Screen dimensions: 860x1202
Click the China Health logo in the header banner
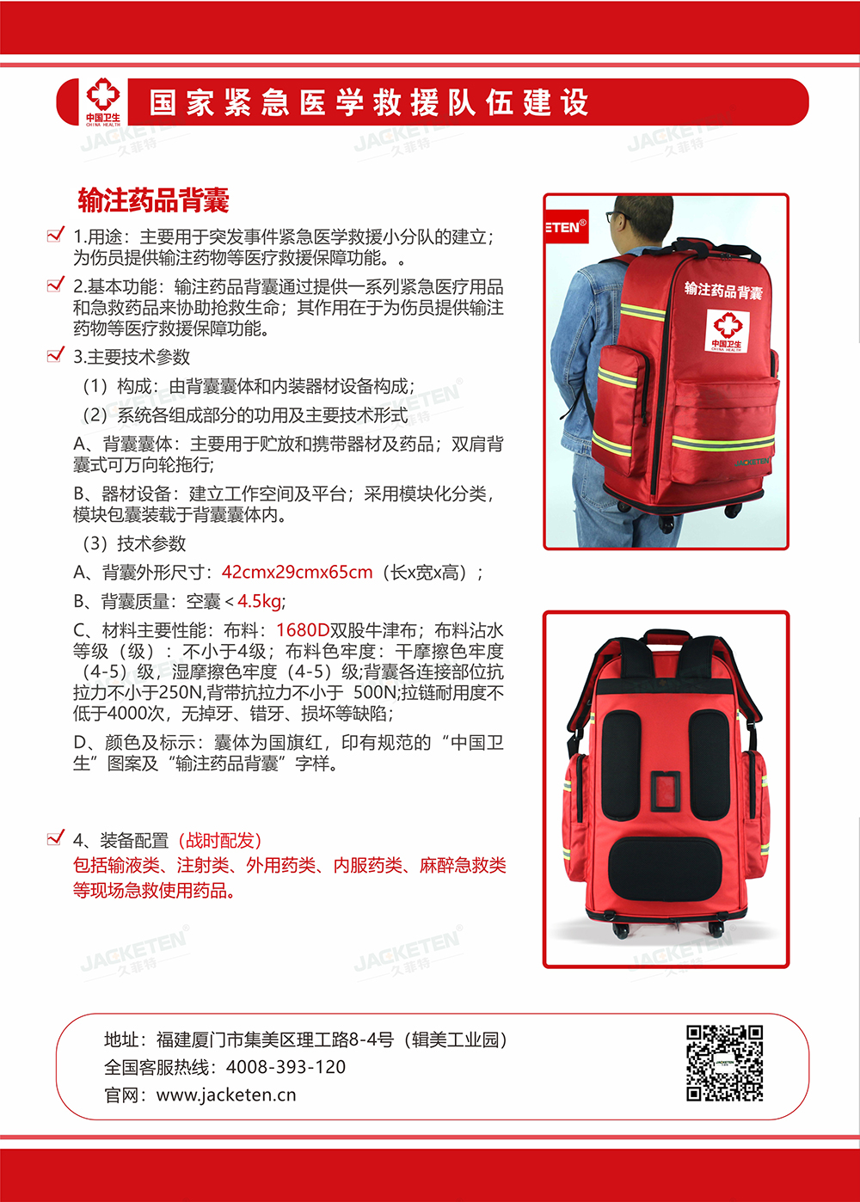pos(103,102)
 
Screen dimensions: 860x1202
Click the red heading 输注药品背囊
pos(154,200)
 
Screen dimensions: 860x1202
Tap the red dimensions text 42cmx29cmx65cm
pos(297,572)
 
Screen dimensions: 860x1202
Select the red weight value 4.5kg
pos(259,601)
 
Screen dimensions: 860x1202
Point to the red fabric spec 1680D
pos(303,630)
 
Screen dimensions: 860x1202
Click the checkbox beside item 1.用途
pos(56,234)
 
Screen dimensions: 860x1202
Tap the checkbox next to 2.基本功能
pos(56,284)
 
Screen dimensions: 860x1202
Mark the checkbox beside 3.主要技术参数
pos(56,354)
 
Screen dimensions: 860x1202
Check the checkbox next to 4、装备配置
pos(56,837)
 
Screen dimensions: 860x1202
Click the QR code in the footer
pos(724,1063)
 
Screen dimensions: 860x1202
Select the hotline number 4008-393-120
pos(286,1067)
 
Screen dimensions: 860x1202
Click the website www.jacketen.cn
pos(226,1095)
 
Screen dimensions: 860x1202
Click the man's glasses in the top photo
pos(617,217)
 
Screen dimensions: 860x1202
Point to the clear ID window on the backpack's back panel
pos(665,792)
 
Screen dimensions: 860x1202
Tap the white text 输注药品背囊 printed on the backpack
pos(723,291)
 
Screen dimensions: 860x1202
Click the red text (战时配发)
pos(219,840)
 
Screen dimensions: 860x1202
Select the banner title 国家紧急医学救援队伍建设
pos(369,102)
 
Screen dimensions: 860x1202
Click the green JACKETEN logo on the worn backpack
pos(752,462)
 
